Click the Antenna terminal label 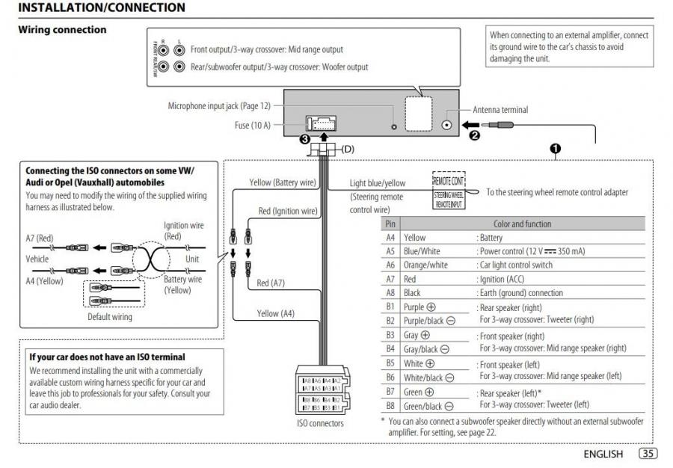500,110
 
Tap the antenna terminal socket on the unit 448,126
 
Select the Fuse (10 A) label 252,126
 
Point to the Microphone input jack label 219,106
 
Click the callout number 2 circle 473,136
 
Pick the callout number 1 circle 555,148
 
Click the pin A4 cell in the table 390,238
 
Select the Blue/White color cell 422,251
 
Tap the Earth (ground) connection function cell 520,293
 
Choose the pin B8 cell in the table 390,406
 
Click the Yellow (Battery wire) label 283,182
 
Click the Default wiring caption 110,317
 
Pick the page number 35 648,454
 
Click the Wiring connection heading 62,30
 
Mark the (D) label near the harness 348,150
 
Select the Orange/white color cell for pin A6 425,265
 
